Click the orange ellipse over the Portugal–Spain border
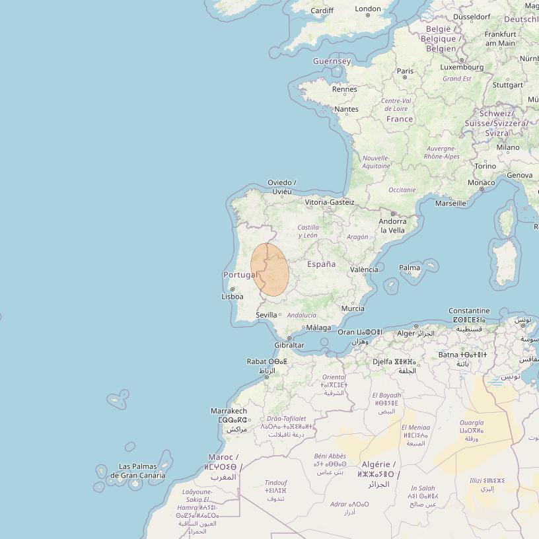[x=269, y=269]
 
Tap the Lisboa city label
[x=232, y=297]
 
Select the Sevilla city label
[x=266, y=315]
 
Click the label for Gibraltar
[x=289, y=345]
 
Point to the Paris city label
[x=405, y=71]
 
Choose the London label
[x=368, y=9]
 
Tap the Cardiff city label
[x=322, y=11]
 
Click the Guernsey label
[x=332, y=61]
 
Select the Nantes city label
[x=347, y=109]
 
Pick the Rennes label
[x=344, y=89]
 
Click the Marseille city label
[x=450, y=203]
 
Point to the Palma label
[x=410, y=268]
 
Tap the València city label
[x=364, y=269]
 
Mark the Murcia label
[x=353, y=308]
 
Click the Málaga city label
[x=319, y=328]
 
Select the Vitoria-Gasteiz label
[x=330, y=202]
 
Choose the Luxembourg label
[x=462, y=67]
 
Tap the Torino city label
[x=485, y=166]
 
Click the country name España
[x=321, y=264]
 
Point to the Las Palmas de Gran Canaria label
[x=138, y=471]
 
